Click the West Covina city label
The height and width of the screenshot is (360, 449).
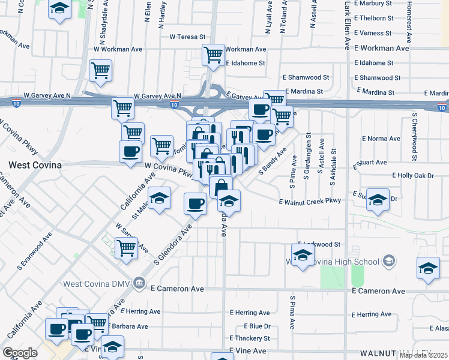click(x=34, y=163)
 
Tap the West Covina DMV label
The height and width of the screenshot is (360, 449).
click(x=93, y=283)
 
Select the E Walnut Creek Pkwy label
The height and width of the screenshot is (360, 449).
click(x=310, y=202)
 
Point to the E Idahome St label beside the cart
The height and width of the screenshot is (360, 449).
click(x=246, y=63)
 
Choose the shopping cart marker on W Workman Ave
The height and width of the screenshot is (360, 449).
click(x=213, y=56)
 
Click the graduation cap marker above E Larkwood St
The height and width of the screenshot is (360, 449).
click(x=303, y=255)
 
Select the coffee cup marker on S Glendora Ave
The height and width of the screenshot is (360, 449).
click(x=195, y=204)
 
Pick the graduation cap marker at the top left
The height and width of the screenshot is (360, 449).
click(x=59, y=9)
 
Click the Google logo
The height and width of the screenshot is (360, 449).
click(x=20, y=353)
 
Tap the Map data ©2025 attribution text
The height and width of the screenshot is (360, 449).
click(x=423, y=355)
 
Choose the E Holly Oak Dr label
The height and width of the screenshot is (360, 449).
click(x=412, y=175)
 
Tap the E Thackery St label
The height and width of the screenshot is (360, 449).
click(x=251, y=338)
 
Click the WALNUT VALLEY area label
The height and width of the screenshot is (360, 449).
click(x=396, y=353)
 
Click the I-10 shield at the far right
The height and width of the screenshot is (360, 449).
click(x=442, y=108)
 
